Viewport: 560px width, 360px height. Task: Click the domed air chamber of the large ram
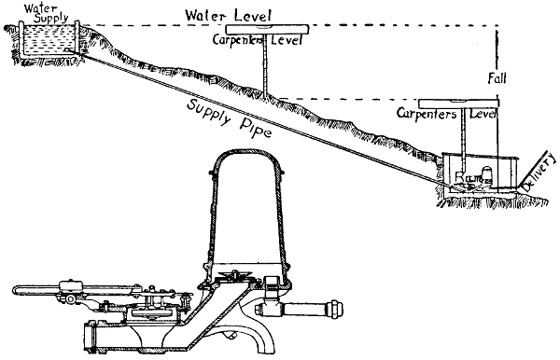click(246, 210)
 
